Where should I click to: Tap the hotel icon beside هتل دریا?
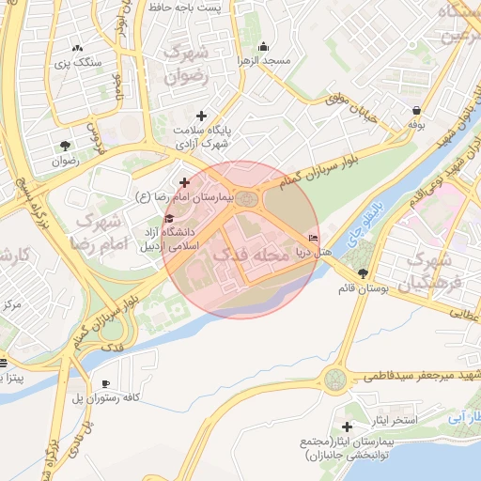[x=313, y=239]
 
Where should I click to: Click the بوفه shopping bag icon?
[x=415, y=110]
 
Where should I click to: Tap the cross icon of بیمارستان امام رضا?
[x=184, y=182]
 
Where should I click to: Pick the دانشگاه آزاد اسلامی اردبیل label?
[x=166, y=239]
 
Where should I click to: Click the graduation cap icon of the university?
[x=169, y=219]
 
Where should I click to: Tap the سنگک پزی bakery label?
[x=76, y=62]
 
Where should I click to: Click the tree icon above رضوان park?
[x=65, y=145]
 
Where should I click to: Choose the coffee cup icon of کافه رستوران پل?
[x=105, y=383]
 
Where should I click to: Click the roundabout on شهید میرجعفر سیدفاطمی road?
[x=334, y=380]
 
